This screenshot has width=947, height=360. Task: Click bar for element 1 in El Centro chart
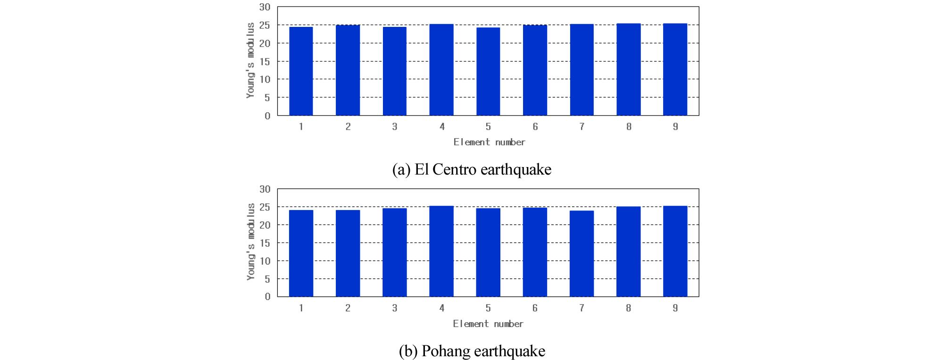pyautogui.click(x=301, y=71)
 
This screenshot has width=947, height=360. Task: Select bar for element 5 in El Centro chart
pyautogui.click(x=488, y=71)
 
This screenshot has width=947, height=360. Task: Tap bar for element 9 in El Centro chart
pyautogui.click(x=675, y=69)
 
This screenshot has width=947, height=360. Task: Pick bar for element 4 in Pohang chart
pyautogui.click(x=441, y=251)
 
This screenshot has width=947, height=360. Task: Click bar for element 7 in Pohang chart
pyautogui.click(x=581, y=253)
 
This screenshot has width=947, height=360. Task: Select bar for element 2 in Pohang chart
pyautogui.click(x=348, y=253)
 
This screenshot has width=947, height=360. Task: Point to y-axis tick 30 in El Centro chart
pyautogui.click(x=265, y=7)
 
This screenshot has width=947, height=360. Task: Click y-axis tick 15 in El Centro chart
pyautogui.click(x=265, y=61)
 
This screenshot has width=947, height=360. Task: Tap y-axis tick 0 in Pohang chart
pyautogui.click(x=267, y=296)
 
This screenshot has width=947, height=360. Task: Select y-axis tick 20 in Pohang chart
pyautogui.click(x=265, y=225)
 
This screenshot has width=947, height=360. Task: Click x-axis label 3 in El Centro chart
pyautogui.click(x=395, y=126)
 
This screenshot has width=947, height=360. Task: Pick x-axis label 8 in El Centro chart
pyautogui.click(x=629, y=126)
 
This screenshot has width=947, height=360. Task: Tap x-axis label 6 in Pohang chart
pyautogui.click(x=535, y=308)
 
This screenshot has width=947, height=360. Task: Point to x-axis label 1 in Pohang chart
pyautogui.click(x=301, y=308)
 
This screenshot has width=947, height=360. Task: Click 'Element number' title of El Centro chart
pyautogui.click(x=489, y=142)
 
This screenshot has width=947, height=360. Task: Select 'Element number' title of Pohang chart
pyautogui.click(x=488, y=324)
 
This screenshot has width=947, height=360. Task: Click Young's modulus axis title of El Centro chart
pyautogui.click(x=250, y=60)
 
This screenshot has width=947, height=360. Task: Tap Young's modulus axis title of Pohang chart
pyautogui.click(x=251, y=242)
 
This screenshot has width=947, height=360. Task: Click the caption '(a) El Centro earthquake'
pyautogui.click(x=472, y=169)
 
